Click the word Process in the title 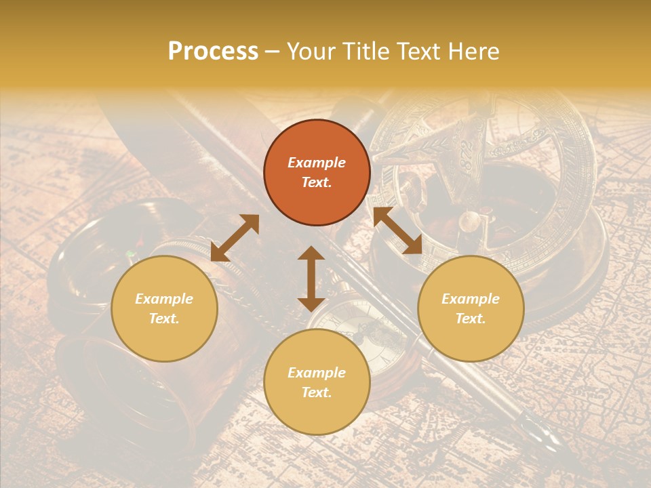pos(213,52)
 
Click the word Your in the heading pos(310,52)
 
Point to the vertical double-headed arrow pos(311,279)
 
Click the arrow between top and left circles pos(235,238)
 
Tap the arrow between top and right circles pos(397,230)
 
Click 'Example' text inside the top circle pos(317,163)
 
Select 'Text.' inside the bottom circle pos(317,392)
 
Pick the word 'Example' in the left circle pos(164,299)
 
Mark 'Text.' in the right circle pos(471,319)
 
